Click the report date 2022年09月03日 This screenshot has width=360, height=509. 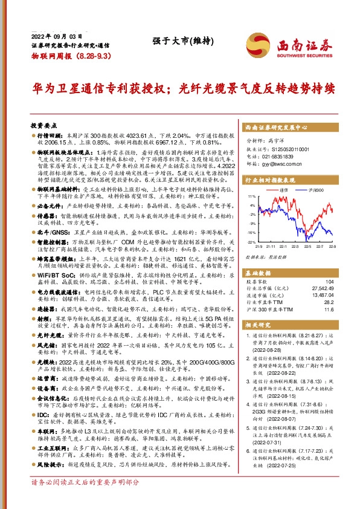click(51, 37)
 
